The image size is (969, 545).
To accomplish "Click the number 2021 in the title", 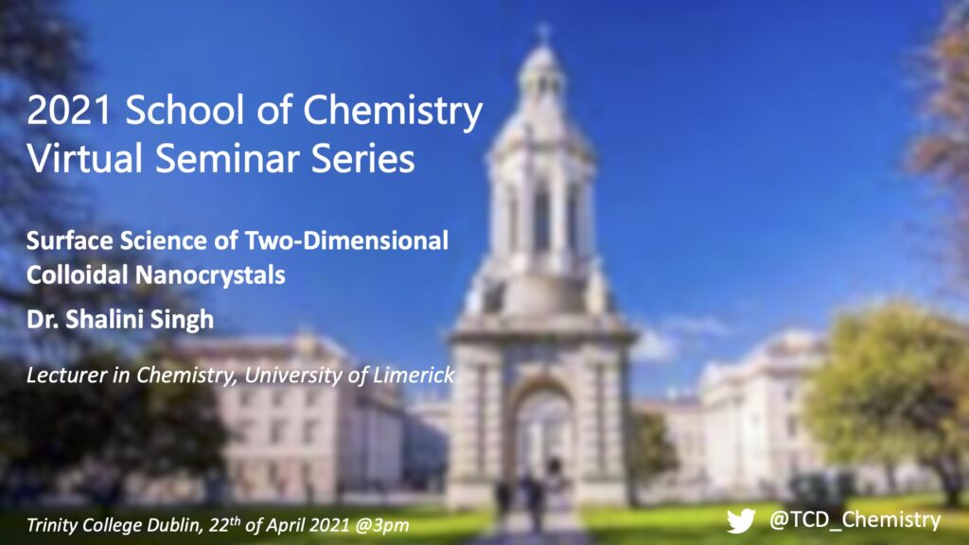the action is (x=68, y=110).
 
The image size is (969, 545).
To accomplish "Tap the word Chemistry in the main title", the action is (x=393, y=113).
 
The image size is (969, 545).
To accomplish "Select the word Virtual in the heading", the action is (x=84, y=158).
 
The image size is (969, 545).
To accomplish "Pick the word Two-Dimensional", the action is (x=346, y=240).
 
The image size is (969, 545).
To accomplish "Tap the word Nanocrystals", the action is (x=209, y=275).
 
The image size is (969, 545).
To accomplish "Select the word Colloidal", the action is (x=77, y=274).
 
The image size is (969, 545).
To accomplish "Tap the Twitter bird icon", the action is (x=741, y=521).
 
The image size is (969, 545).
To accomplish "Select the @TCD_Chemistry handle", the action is (x=854, y=520).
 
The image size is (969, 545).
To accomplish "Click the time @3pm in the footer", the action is (x=382, y=525).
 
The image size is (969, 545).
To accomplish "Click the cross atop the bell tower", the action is (x=543, y=32).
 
